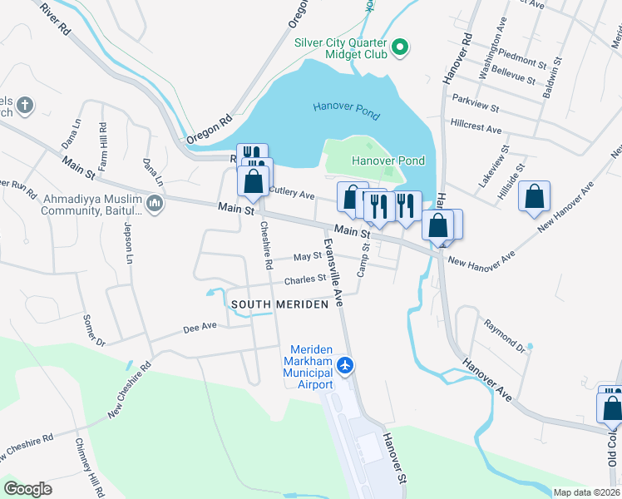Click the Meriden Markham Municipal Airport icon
pos(346,364)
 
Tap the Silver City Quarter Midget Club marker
pos(400,48)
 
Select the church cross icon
pos(26,106)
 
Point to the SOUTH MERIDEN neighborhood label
pos(280,304)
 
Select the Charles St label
pos(304,279)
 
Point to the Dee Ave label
pos(200,327)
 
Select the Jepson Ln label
pos(129,244)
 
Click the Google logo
pos(28,489)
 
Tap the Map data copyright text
pos(586,492)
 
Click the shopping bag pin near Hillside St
pos(534,197)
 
